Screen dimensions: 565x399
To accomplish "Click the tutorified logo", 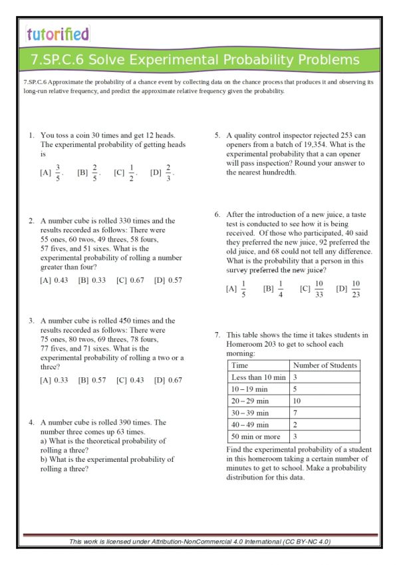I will tap(58, 33).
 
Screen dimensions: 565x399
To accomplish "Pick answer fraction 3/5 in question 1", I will tap(58, 173).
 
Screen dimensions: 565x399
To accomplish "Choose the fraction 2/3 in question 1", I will tap(168, 173).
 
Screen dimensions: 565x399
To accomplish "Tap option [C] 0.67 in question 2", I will tap(130, 280).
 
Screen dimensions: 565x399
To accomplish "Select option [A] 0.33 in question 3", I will tap(54, 380).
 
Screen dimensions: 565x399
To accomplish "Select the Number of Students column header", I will tap(325, 365).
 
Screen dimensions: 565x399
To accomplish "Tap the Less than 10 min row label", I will tap(258, 377).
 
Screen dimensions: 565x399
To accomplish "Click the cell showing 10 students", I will tap(297, 401).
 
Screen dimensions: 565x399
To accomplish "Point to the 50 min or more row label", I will tap(255, 437).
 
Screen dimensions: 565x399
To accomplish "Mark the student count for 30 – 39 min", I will tap(295, 413).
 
